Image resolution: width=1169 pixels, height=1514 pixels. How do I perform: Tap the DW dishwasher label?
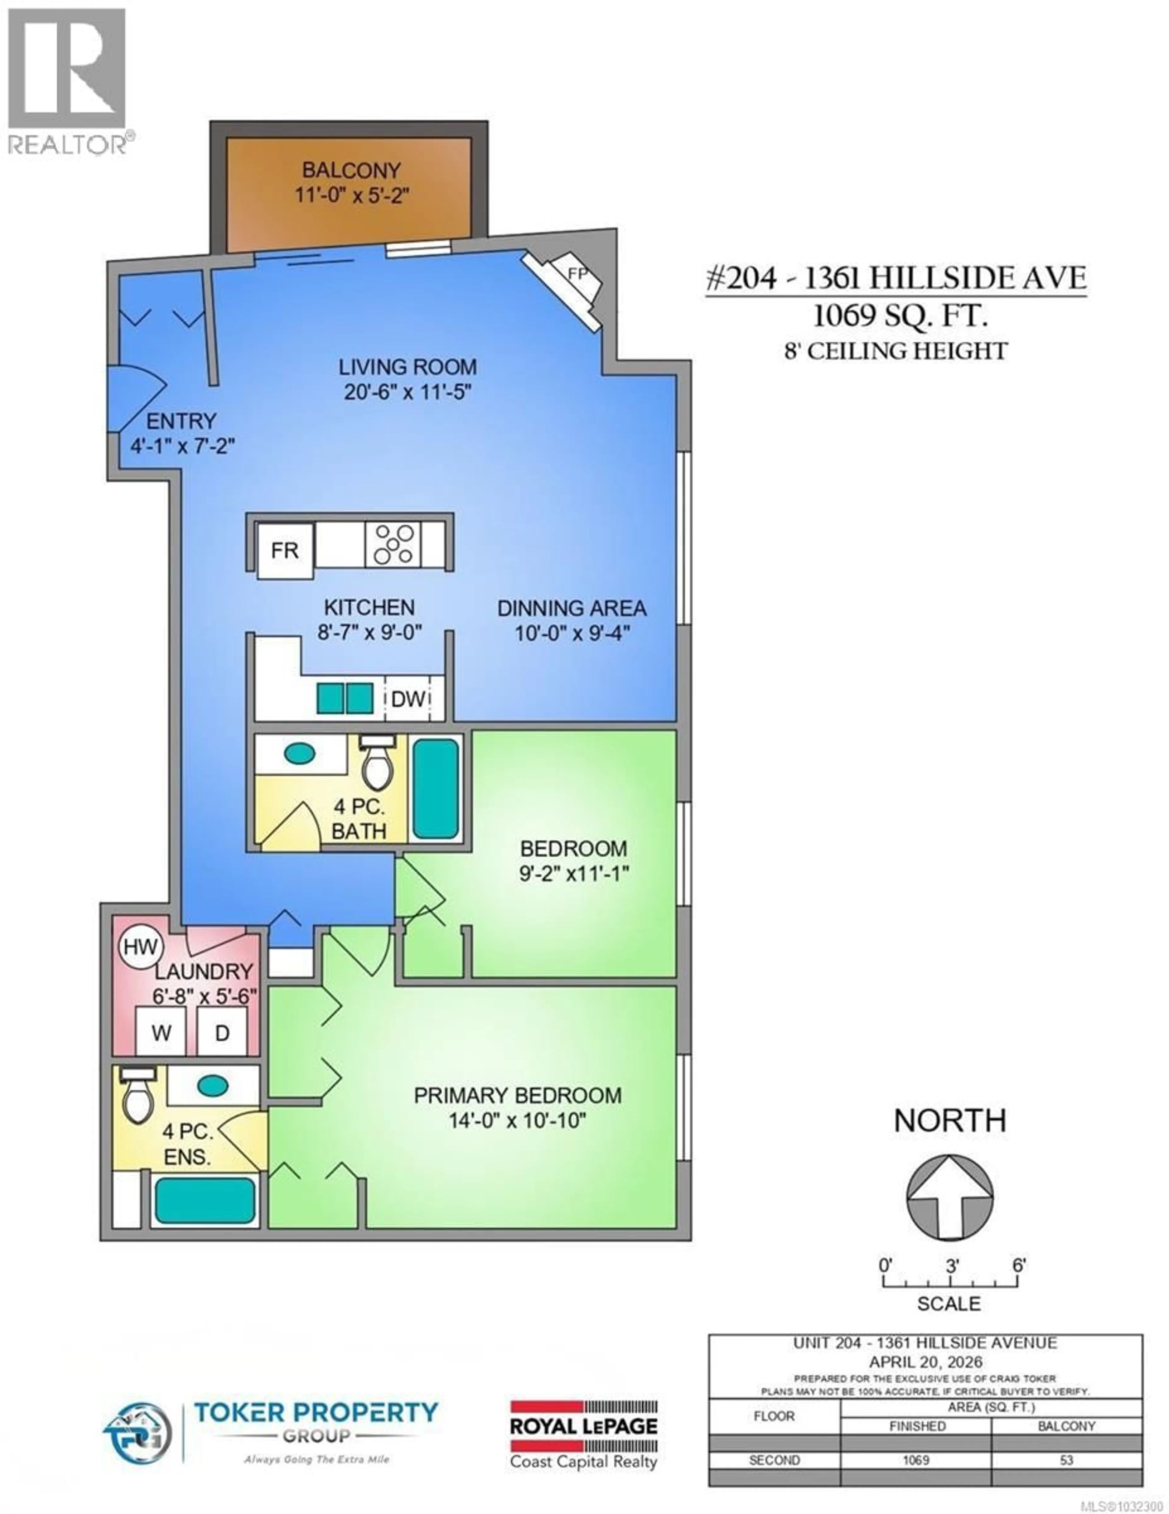pyautogui.click(x=408, y=699)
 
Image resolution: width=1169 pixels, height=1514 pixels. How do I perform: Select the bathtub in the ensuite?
pyautogui.click(x=204, y=1200)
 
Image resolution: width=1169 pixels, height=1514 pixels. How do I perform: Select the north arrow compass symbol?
pyautogui.click(x=949, y=1197)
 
